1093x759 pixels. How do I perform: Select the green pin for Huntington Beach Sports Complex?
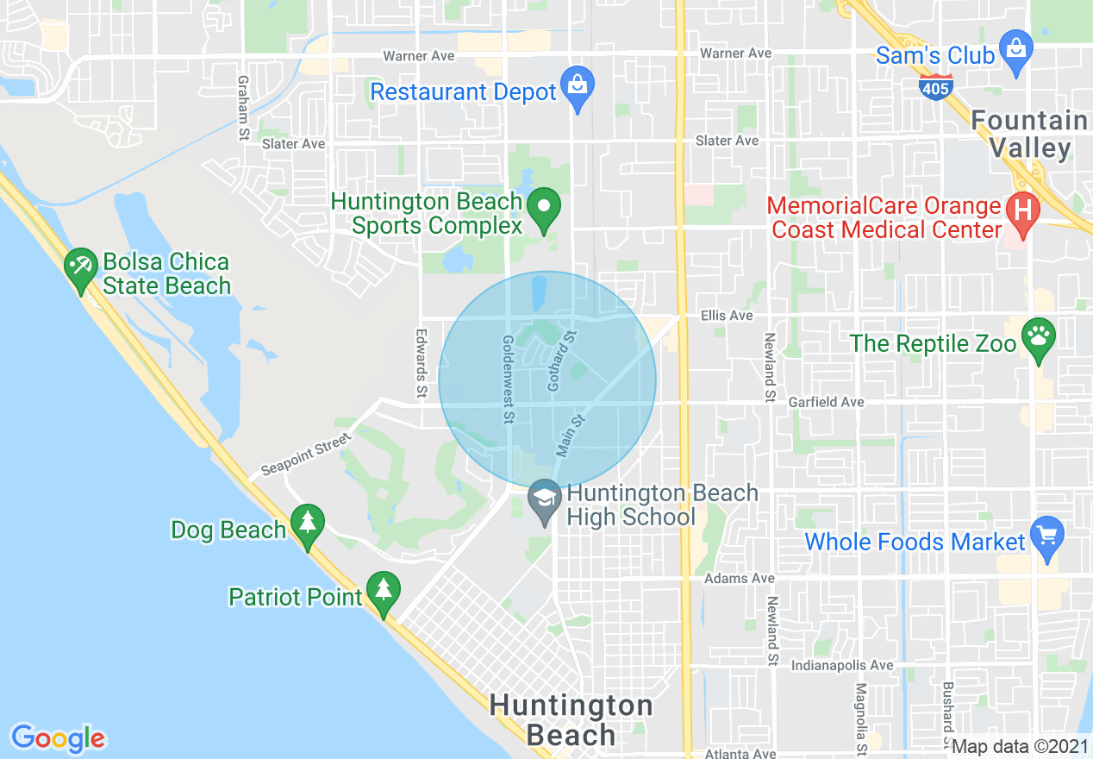544,208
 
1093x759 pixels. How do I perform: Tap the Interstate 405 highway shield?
941,85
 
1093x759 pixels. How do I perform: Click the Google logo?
59,738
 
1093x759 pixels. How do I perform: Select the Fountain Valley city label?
1029,134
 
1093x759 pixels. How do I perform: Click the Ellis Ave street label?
727,316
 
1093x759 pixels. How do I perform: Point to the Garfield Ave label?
826,402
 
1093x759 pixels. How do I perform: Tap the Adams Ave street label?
727,578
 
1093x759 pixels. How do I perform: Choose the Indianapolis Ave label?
842,666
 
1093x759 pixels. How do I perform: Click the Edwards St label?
422,362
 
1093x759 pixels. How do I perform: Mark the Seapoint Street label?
306,454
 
